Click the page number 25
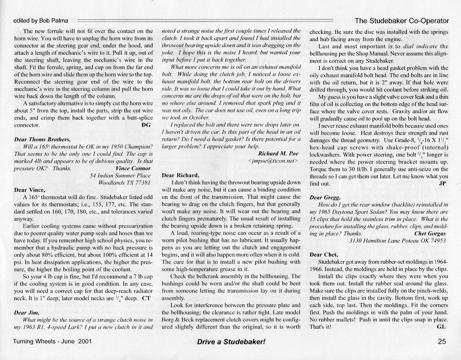[x=442, y=341]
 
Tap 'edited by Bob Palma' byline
[x=41, y=21]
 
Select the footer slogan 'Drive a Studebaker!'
[x=231, y=342]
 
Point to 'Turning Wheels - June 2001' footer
[x=52, y=341]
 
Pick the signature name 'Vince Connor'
[x=133, y=168]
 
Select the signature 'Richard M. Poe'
[x=278, y=153]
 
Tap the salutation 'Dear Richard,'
[x=181, y=175]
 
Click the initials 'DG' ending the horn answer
[x=147, y=125]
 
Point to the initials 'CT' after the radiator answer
[x=146, y=298]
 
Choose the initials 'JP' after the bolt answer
[x=442, y=183]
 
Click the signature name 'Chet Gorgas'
[x=430, y=234]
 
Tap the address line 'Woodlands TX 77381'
[x=125, y=183]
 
